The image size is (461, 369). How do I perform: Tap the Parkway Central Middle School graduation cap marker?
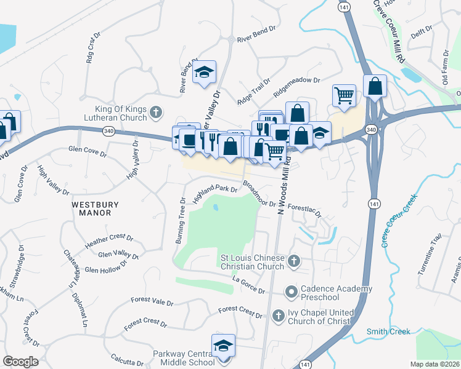point(223,346)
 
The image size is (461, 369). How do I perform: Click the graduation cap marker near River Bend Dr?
point(204,73)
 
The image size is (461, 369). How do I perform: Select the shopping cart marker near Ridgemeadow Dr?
point(344,95)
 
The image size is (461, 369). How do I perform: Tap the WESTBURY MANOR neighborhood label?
point(91,208)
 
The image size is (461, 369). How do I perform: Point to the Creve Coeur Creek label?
point(399,220)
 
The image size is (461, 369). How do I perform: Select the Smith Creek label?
point(388,331)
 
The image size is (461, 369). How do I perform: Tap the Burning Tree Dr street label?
point(181,220)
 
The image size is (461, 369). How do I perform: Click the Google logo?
point(20,362)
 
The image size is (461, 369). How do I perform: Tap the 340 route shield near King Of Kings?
point(108,131)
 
